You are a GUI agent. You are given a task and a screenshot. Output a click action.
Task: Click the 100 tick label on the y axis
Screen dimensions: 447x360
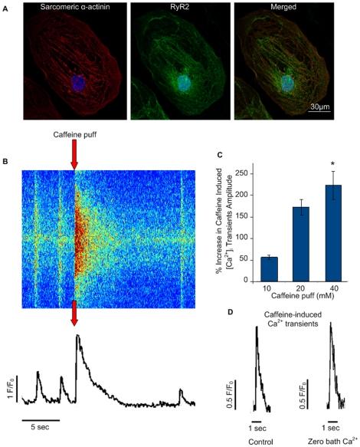246,238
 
